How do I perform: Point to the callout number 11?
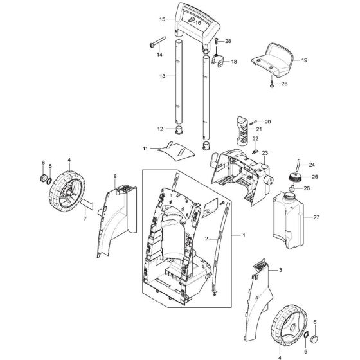tap(146, 148)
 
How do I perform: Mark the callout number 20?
tap(268, 122)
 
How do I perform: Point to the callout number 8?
tap(115, 175)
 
